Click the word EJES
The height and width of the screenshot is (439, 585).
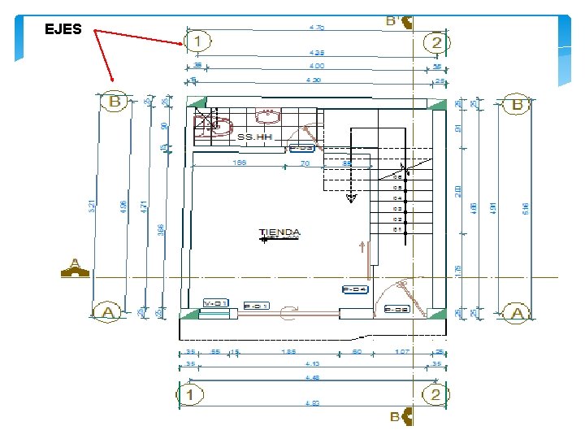(x=63, y=30)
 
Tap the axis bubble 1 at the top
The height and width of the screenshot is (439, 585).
(x=197, y=41)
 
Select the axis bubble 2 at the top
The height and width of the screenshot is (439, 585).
(x=436, y=42)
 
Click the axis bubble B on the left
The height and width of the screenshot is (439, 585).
(x=115, y=102)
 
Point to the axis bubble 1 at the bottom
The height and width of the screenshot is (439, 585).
(x=190, y=395)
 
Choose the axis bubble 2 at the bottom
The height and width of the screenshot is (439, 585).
(x=433, y=395)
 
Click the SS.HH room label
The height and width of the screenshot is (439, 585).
(x=254, y=137)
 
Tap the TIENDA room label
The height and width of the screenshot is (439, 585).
(x=279, y=233)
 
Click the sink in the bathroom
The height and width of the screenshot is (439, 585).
(x=265, y=113)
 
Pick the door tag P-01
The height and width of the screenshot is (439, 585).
(x=256, y=306)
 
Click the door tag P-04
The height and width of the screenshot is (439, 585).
(x=355, y=289)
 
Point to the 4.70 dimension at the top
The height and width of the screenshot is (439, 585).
(x=317, y=27)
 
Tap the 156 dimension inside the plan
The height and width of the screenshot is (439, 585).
(x=240, y=163)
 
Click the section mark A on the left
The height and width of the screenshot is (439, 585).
(x=75, y=268)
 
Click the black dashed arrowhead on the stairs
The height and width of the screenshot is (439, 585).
(x=351, y=197)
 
